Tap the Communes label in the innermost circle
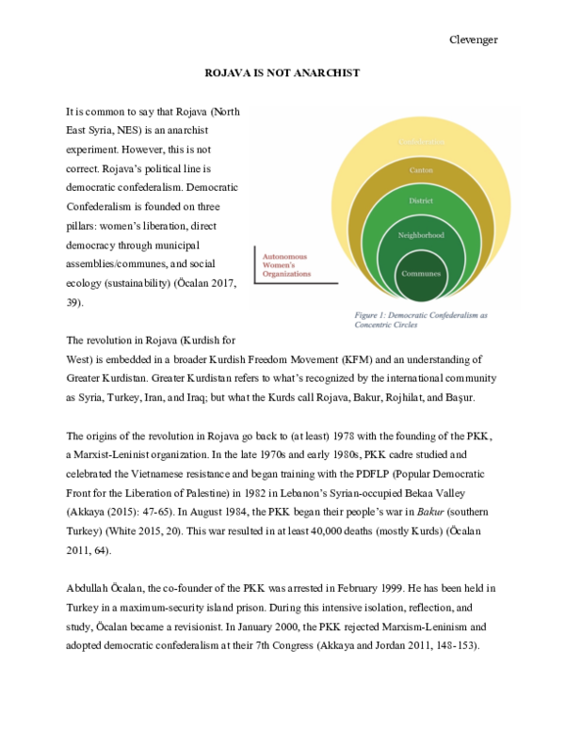coord(421,272)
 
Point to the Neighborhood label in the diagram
coord(421,234)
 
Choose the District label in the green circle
coord(421,200)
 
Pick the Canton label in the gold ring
coord(421,169)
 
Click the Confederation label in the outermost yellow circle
coord(421,140)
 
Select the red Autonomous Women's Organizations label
coord(285,264)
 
